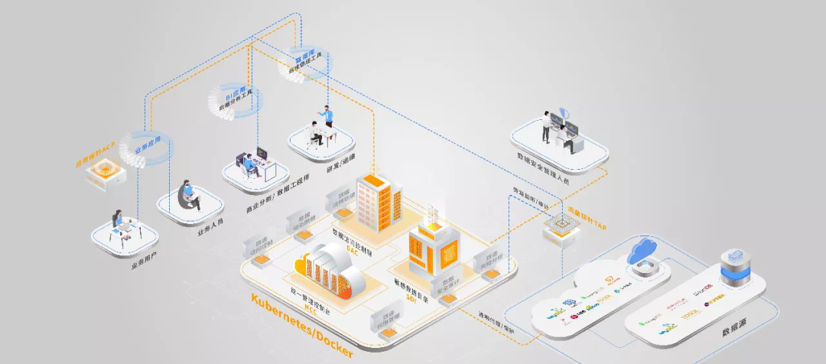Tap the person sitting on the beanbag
tap(188, 195)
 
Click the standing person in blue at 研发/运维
tap(330, 117)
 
